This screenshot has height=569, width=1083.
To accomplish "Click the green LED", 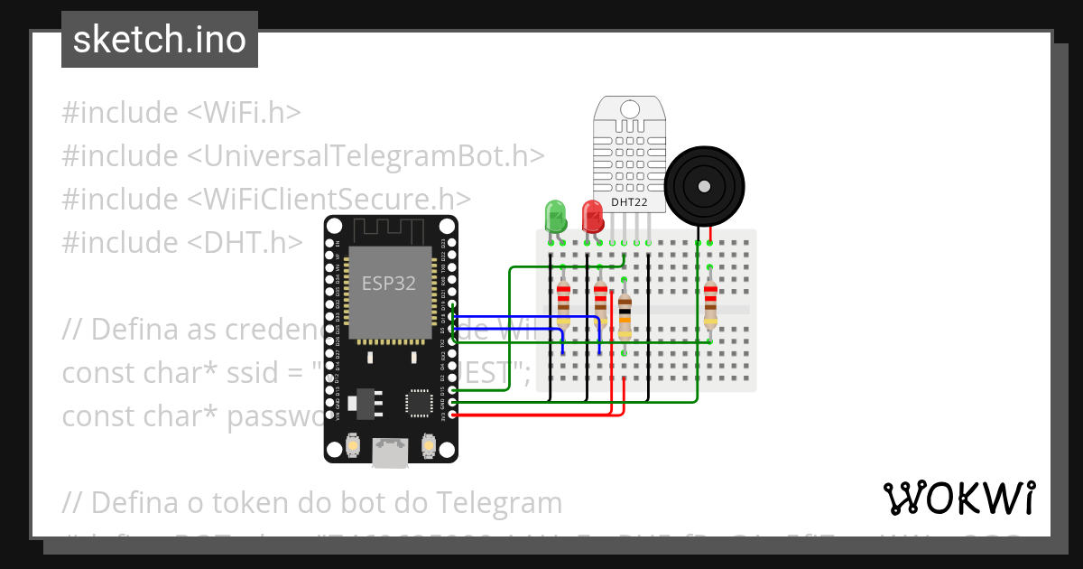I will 554,217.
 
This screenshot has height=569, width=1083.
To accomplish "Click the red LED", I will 593,217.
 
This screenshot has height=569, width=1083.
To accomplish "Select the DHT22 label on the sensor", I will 629,202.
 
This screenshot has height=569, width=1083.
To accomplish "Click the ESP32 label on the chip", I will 389,283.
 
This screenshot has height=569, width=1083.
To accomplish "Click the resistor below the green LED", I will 563,303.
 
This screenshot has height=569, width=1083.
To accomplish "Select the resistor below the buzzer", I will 710,303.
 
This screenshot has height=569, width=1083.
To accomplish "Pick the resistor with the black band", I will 625,316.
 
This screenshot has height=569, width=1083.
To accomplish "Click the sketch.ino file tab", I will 160,40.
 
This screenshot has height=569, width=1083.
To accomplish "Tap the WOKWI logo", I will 958,498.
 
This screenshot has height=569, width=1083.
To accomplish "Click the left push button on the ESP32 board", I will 354,445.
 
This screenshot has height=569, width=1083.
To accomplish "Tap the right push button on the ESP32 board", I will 429,445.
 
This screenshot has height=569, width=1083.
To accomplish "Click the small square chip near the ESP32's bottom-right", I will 418,402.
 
